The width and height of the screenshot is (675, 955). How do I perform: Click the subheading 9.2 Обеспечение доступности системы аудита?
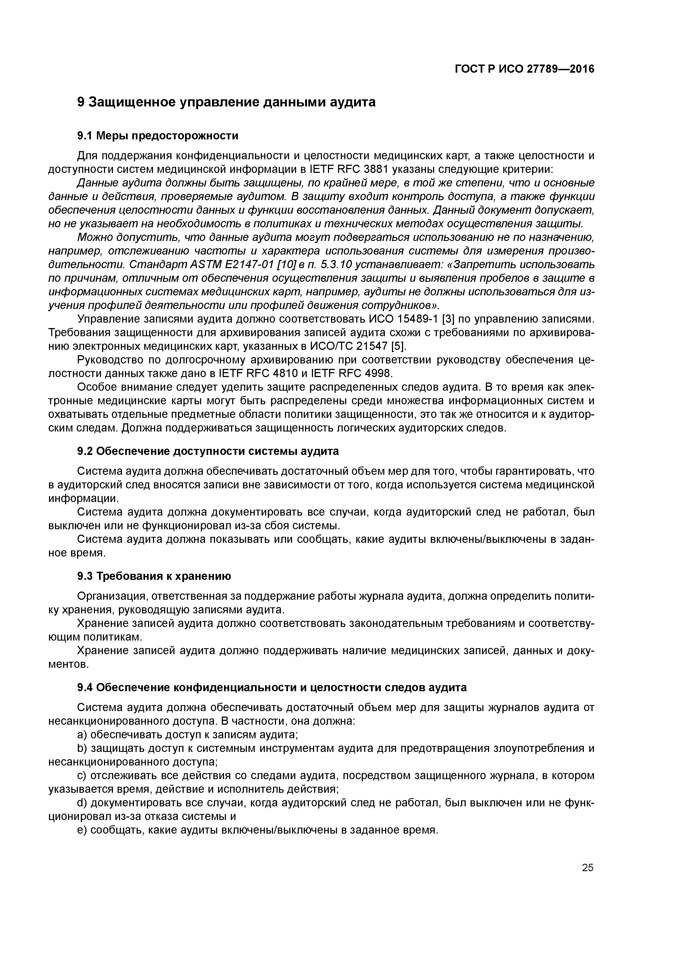[208, 451]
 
